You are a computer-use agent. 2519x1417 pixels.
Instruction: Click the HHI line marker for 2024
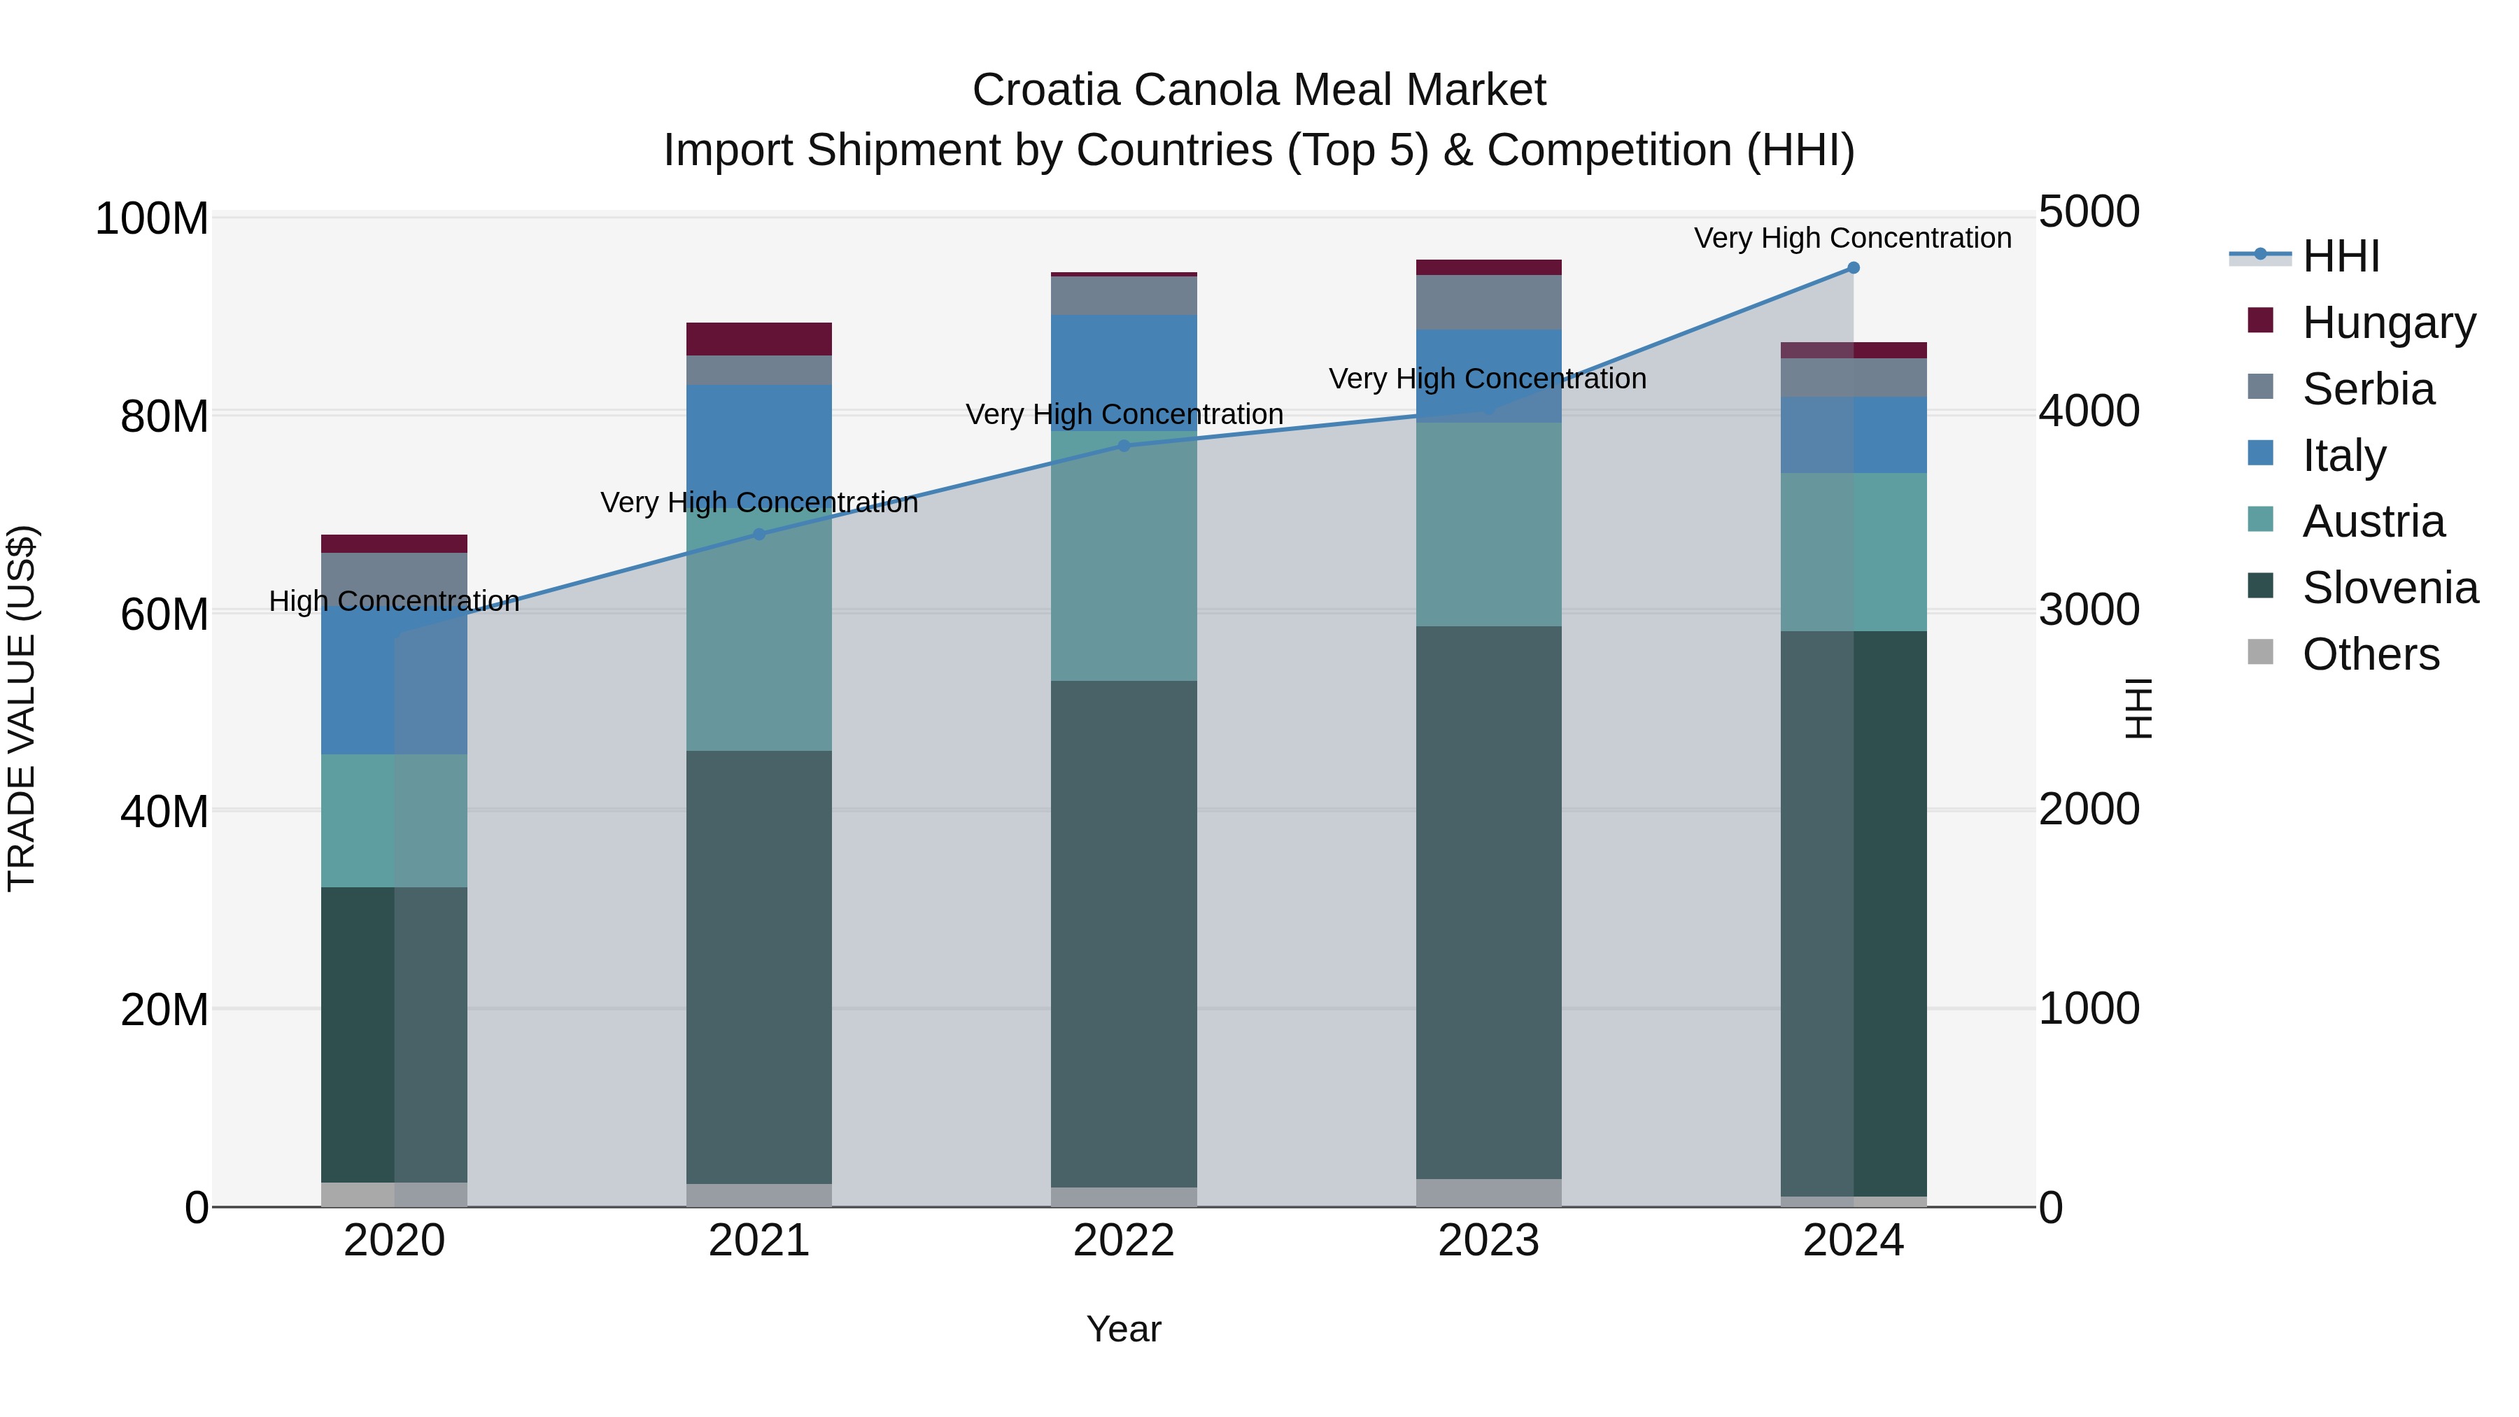(1852, 268)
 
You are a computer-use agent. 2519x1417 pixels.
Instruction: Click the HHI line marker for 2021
(758, 534)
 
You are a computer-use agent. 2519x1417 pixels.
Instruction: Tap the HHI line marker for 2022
(1124, 446)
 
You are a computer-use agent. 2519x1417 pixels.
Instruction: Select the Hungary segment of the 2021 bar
(758, 339)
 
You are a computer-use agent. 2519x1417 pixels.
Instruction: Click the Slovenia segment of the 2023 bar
(1488, 900)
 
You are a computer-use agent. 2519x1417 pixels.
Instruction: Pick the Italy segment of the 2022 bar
(1124, 372)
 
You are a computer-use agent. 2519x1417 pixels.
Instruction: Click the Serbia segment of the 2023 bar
(1488, 302)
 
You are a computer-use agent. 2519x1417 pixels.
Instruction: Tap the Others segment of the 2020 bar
(394, 1194)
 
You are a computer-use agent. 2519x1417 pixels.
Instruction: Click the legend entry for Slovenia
(2389, 588)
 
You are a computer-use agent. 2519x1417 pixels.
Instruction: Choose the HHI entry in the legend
(2340, 256)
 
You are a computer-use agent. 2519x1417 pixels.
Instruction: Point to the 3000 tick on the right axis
(2089, 610)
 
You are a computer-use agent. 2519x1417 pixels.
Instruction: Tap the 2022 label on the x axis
(1124, 1241)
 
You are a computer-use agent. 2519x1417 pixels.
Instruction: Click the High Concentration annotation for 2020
(394, 600)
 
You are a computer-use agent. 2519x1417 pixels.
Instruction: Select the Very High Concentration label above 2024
(1852, 238)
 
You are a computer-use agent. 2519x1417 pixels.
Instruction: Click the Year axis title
(1124, 1329)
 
